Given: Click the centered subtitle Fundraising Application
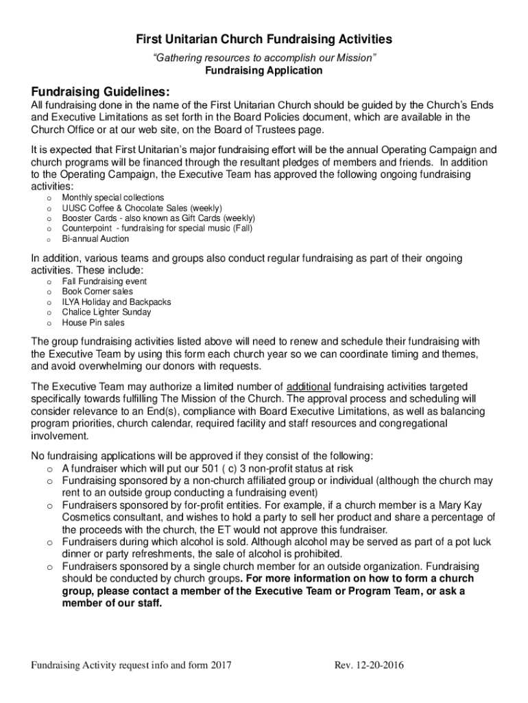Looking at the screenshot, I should pos(264,71).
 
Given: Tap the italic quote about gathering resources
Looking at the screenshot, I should pos(264,59).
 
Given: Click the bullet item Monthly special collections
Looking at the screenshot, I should pos(113,198).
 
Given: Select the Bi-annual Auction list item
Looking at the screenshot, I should pos(95,239).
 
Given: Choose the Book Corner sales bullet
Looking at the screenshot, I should pos(97,292).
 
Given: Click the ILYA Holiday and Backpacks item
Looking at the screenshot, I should pos(117,302).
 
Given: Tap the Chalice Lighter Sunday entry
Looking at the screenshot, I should pos(106,312).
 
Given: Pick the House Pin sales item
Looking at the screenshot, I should pos(93,323).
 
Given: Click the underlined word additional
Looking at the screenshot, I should pos(309,386).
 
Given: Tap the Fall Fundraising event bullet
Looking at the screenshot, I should pos(104,281).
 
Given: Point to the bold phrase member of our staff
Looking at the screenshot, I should pos(112,604).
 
